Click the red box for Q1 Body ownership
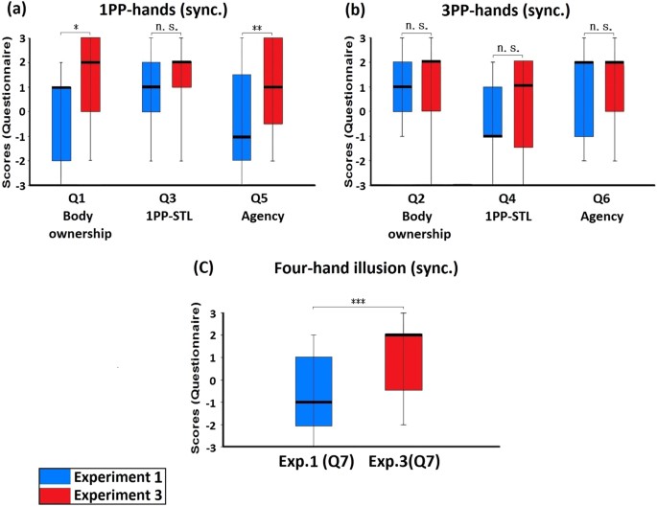[x=90, y=75]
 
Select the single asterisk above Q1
[x=75, y=28]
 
